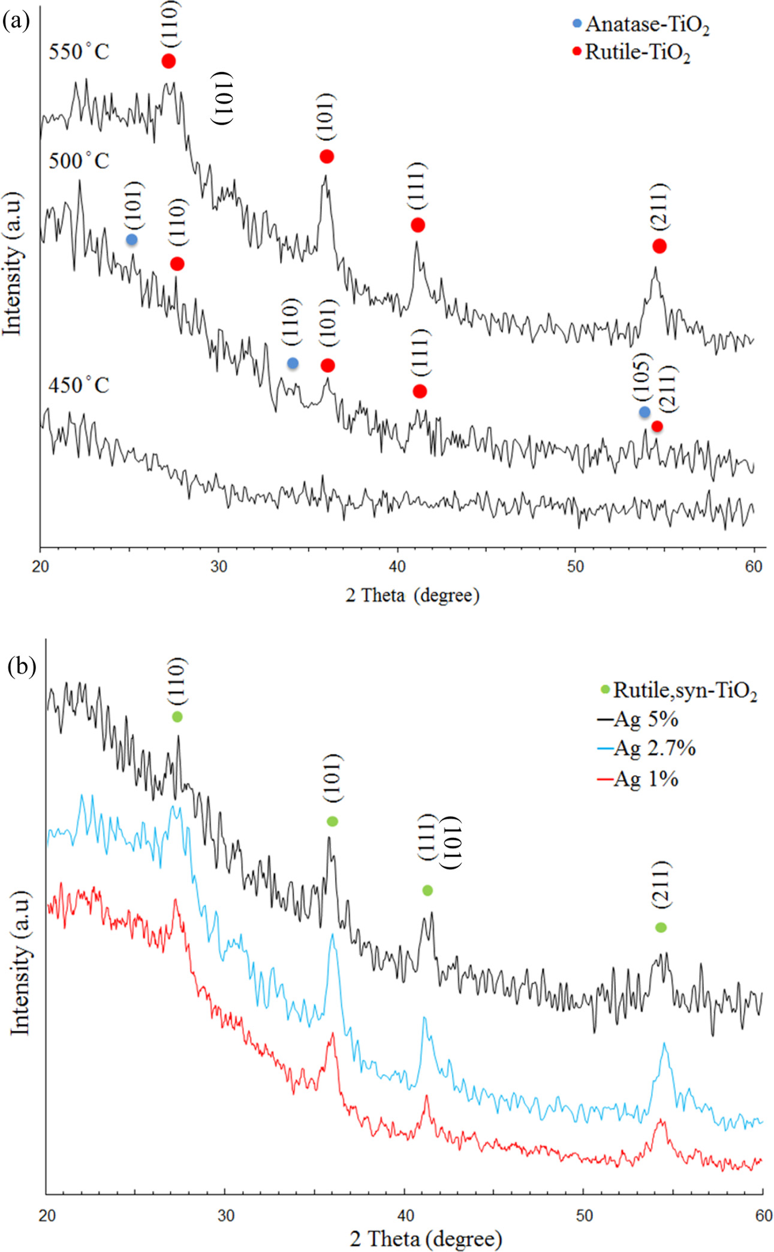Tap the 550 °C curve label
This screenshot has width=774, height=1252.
click(79, 52)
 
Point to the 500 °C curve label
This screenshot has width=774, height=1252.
click(79, 161)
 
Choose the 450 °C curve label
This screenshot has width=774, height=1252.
click(79, 385)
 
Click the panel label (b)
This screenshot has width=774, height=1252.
click(22, 666)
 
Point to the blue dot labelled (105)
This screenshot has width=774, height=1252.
click(645, 412)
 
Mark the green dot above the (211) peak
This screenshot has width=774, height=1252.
click(661, 927)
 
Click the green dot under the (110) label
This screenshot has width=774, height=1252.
click(177, 717)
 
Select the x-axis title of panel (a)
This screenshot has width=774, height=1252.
click(412, 595)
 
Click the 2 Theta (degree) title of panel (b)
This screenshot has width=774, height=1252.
click(426, 1238)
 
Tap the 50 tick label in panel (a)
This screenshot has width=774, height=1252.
click(575, 566)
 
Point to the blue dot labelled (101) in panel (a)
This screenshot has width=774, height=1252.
click(132, 240)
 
